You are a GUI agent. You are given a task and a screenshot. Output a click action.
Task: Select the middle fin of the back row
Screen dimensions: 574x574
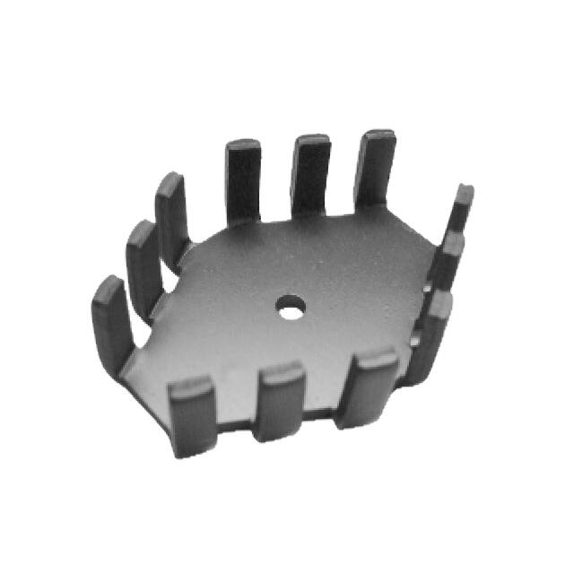(x=310, y=176)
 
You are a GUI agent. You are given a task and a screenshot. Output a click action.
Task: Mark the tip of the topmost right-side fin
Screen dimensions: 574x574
(x=464, y=193)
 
